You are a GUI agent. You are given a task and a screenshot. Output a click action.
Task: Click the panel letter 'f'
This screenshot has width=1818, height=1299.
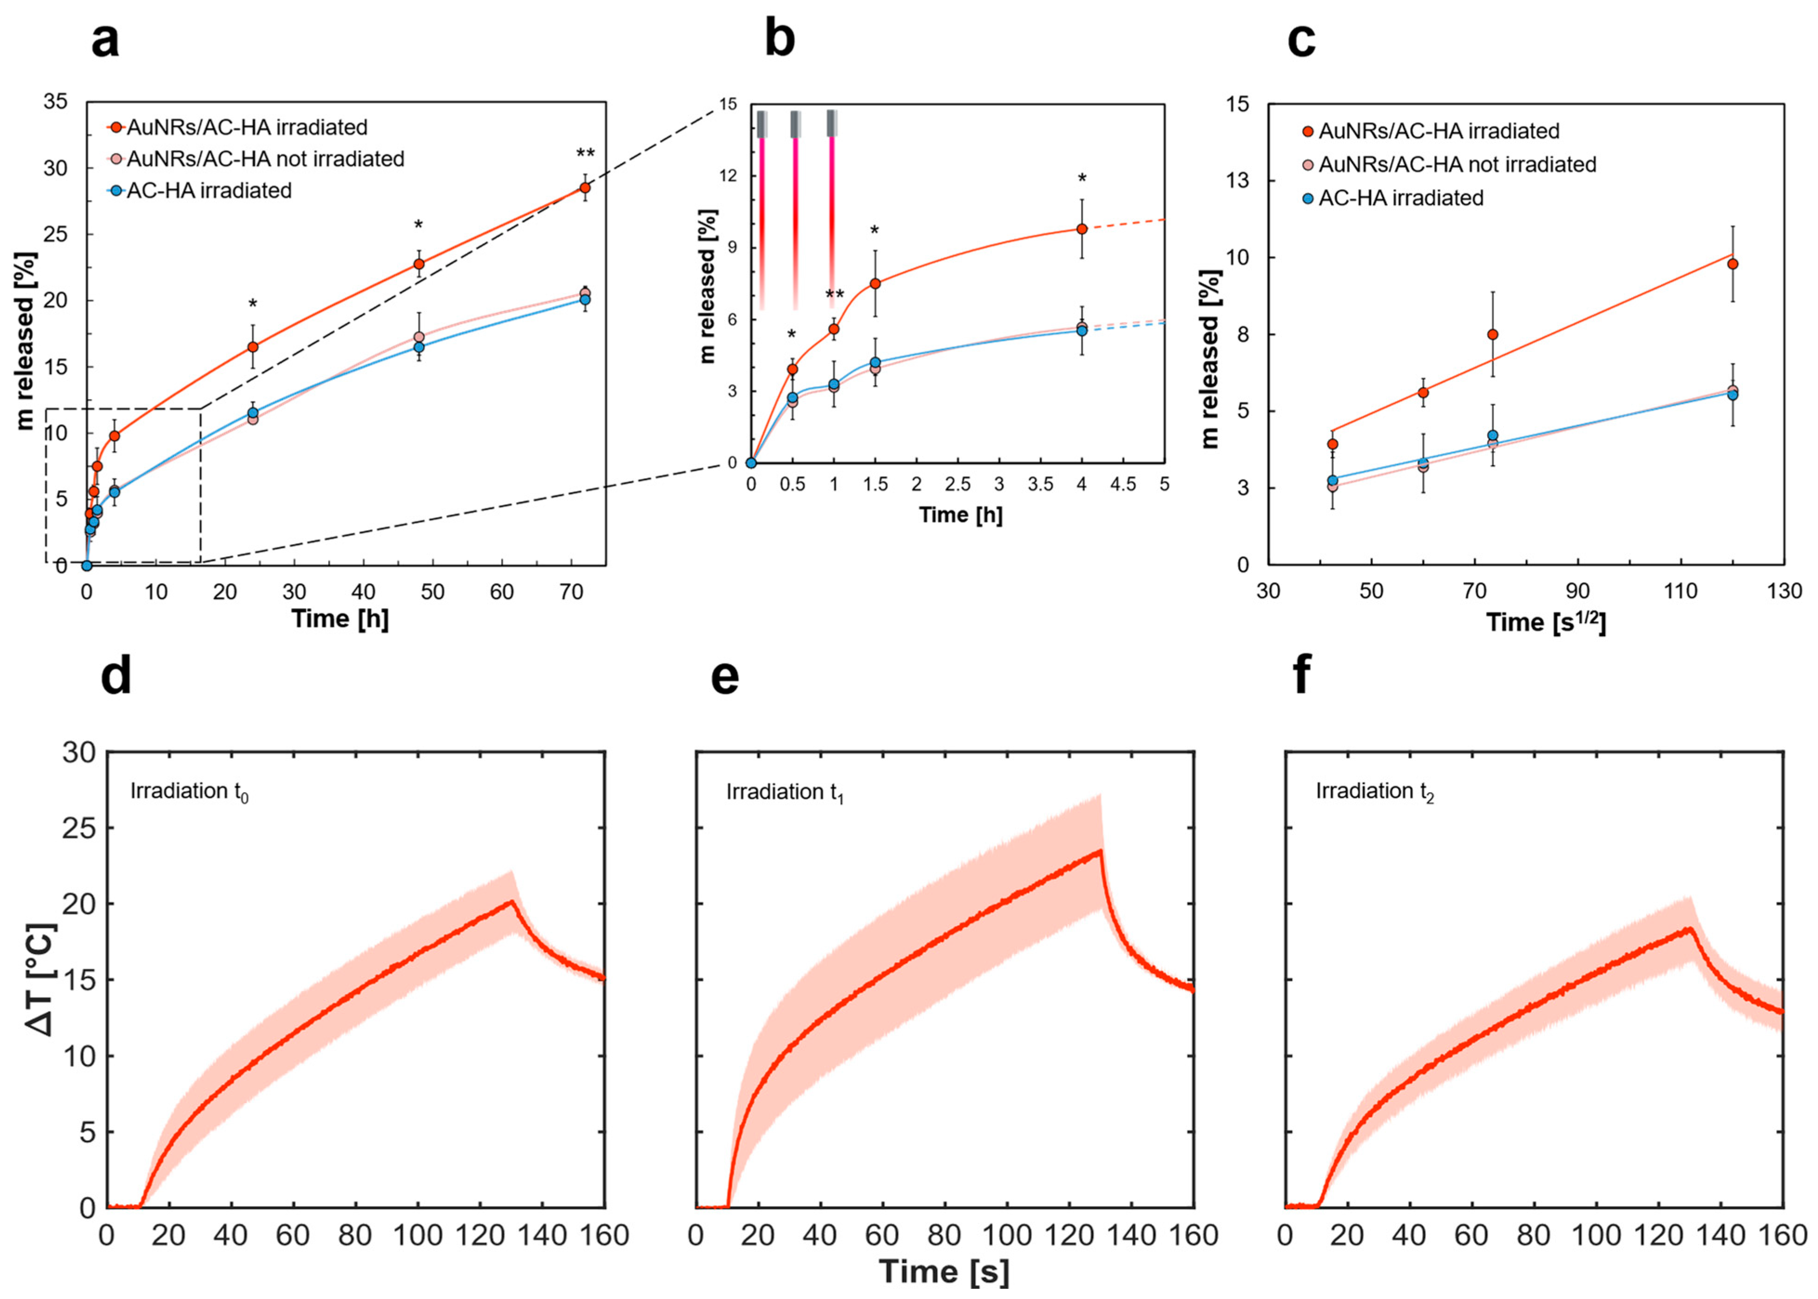(x=1302, y=676)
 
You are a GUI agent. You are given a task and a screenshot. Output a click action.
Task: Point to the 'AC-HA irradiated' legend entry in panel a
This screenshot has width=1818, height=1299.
(x=208, y=190)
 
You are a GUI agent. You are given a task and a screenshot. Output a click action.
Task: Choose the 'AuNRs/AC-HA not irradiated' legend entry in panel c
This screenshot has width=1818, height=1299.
(x=1457, y=165)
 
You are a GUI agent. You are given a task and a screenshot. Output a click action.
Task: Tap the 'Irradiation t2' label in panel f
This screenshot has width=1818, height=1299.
(x=1375, y=792)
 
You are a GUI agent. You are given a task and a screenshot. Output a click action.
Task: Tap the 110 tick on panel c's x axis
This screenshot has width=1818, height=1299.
(x=1680, y=591)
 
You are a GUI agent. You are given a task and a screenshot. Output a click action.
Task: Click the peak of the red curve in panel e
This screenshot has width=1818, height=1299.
(x=1101, y=850)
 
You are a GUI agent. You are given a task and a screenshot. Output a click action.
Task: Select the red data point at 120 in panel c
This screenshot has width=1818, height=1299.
(x=1733, y=264)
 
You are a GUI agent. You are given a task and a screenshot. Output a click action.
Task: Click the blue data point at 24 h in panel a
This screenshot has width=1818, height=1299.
(x=253, y=413)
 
